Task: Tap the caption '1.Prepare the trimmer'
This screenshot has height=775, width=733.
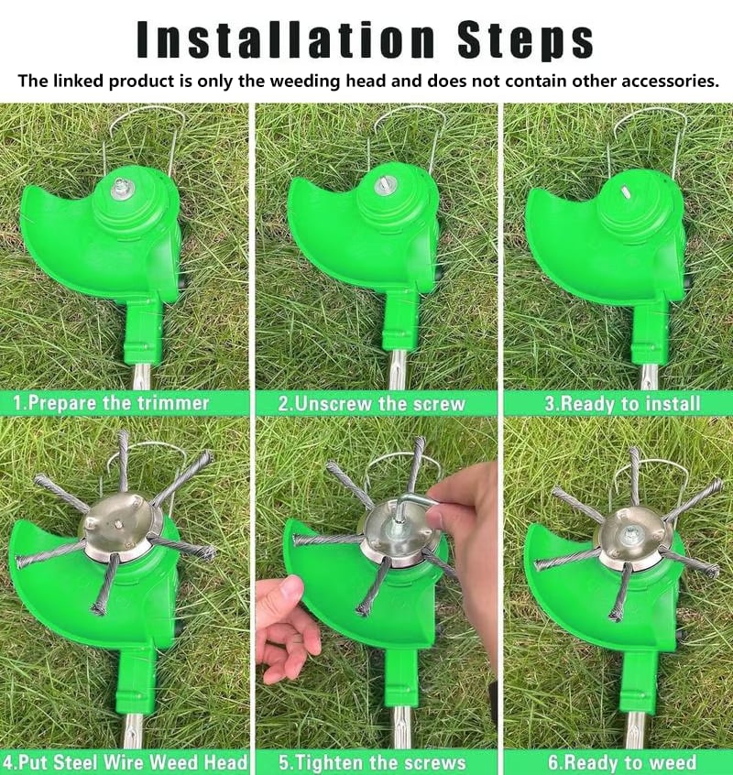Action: point(111,403)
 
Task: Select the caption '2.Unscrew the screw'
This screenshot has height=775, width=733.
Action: point(371,403)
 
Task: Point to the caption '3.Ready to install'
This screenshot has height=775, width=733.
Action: point(621,403)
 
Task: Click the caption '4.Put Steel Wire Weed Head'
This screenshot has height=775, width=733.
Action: point(125,762)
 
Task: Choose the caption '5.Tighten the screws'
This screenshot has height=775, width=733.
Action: point(372,762)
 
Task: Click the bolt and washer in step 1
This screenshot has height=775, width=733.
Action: point(120,187)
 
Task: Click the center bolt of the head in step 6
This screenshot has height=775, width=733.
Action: point(632,529)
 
